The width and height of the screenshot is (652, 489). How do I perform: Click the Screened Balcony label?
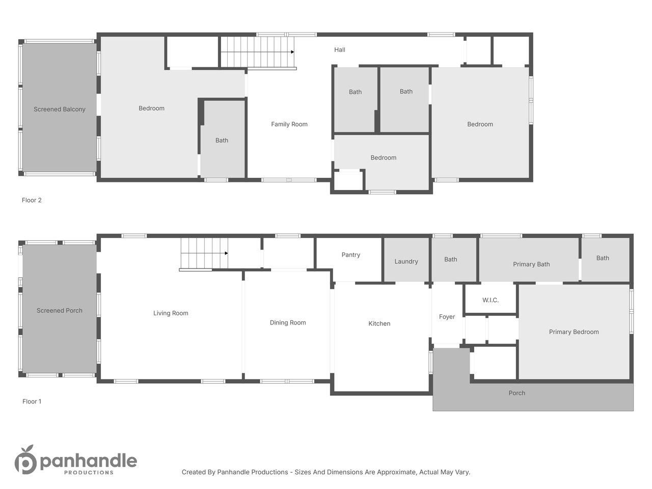click(60, 109)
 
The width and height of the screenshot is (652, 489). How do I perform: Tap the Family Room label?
click(289, 124)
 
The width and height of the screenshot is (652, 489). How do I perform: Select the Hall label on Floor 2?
click(340, 49)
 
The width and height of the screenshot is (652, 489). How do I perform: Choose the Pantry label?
click(351, 255)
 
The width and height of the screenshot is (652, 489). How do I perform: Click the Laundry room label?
click(406, 262)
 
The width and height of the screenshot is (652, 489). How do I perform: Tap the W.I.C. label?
click(491, 300)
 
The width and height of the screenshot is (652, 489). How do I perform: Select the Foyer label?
click(447, 317)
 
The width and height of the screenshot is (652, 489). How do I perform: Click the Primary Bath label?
click(531, 264)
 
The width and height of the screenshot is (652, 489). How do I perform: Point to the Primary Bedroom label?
click(574, 332)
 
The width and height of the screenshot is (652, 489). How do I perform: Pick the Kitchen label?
click(379, 323)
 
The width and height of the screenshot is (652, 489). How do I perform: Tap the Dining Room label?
click(287, 322)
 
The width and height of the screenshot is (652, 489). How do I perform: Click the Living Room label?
click(171, 313)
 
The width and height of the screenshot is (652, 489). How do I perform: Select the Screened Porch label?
click(60, 311)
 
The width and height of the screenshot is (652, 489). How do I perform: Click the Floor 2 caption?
click(32, 200)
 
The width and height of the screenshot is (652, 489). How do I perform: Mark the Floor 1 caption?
click(32, 401)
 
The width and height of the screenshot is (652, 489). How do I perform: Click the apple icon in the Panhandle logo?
click(25, 460)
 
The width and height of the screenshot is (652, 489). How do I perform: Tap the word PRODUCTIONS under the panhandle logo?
click(89, 472)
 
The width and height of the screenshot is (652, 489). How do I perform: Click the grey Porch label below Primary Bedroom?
click(517, 393)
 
